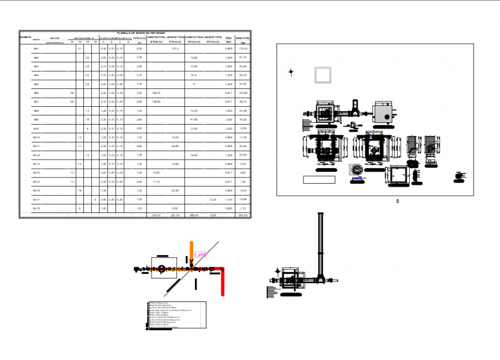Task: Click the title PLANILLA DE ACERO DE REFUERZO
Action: coord(141,33)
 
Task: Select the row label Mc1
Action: coord(36,49)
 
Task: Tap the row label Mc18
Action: coord(36,208)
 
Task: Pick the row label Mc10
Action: coord(36,138)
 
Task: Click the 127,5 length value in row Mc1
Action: coord(176,49)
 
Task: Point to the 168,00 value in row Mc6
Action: coord(156,92)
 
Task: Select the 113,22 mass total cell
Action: coord(243,49)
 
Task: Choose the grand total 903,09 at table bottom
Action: coord(243,215)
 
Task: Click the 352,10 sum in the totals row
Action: coord(156,215)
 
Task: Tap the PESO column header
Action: coord(228,37)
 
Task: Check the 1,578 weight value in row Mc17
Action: coord(228,199)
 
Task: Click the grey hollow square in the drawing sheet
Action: coord(323,75)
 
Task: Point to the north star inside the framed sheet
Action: coord(291,72)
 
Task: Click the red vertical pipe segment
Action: coord(222,282)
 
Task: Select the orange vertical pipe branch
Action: coord(191,253)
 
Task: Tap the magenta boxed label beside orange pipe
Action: coord(201,254)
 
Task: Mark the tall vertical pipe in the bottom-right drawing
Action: coord(321,241)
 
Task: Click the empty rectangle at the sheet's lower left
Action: coord(319,180)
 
